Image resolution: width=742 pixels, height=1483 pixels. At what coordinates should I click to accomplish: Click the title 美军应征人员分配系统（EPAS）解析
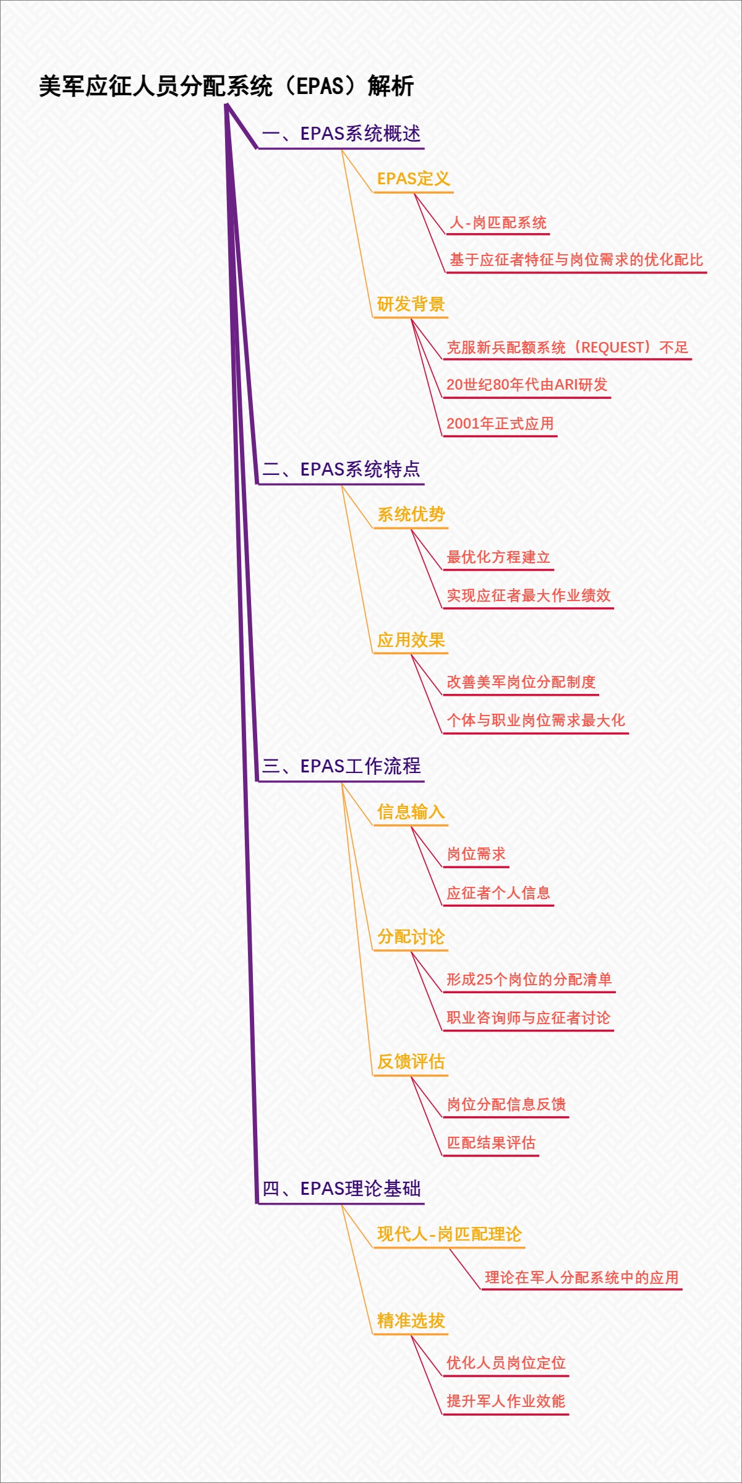[226, 86]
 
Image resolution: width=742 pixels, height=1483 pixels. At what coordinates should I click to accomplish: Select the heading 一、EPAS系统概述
[341, 134]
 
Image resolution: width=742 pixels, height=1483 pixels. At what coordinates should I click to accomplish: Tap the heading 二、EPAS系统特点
[341, 469]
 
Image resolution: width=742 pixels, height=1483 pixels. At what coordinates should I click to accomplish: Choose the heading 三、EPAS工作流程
[341, 766]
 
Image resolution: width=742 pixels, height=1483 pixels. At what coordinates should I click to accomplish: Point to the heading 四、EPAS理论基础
[341, 1189]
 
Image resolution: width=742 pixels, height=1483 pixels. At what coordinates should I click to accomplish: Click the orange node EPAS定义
[413, 179]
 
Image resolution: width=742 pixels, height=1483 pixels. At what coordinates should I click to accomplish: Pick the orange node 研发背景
[411, 304]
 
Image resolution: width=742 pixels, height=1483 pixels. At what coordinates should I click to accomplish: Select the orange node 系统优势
[411, 515]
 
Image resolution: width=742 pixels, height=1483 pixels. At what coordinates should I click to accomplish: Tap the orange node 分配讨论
[411, 937]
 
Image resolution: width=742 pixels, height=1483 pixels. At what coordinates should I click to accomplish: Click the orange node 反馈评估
[411, 1062]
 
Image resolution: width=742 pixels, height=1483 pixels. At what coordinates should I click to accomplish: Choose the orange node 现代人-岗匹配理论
[450, 1234]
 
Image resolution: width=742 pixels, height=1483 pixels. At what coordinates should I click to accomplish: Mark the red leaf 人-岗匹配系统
[498, 223]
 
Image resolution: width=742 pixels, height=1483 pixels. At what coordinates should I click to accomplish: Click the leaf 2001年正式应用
[500, 424]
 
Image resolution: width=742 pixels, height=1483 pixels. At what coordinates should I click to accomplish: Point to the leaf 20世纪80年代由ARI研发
[527, 385]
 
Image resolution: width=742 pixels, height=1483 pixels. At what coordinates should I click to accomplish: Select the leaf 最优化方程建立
[498, 557]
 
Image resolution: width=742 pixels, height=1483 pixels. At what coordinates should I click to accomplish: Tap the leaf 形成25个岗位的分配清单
[529, 980]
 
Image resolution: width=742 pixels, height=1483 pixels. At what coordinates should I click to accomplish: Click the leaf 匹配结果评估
[491, 1143]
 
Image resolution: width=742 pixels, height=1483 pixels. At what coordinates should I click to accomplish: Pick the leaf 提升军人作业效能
[506, 1401]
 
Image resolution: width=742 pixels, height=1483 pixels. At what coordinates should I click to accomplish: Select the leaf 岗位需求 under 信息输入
[476, 854]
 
